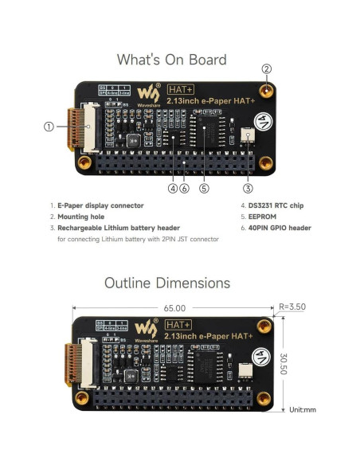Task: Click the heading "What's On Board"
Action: coord(171,60)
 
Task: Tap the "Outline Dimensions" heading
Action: coord(167,283)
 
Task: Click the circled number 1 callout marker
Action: coord(49,126)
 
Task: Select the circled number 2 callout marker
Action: coord(267,68)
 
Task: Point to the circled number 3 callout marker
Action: coord(248,189)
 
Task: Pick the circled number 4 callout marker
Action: coord(172,189)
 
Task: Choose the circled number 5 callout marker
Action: coord(204,189)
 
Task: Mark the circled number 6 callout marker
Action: coord(184,189)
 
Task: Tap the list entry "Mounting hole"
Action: coord(79,216)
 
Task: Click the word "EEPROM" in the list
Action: coord(241,216)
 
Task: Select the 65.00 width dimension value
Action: coord(174,307)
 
